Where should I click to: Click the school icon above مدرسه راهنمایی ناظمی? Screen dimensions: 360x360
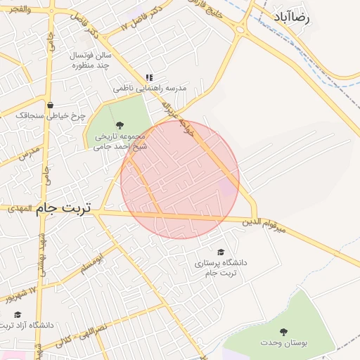pos(148,78)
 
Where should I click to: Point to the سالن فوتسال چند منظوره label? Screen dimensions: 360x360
pos(91,60)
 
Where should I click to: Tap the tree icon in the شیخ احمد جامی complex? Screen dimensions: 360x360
pos(118,125)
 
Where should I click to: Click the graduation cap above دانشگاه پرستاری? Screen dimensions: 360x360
pos(221,252)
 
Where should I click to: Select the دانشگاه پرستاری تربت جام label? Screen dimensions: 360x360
pos(221,267)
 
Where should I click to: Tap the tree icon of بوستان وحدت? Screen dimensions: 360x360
pos(284,332)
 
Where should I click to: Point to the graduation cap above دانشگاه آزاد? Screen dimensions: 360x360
pos(18,314)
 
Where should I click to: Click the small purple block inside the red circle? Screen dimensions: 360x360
pos(228,186)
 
